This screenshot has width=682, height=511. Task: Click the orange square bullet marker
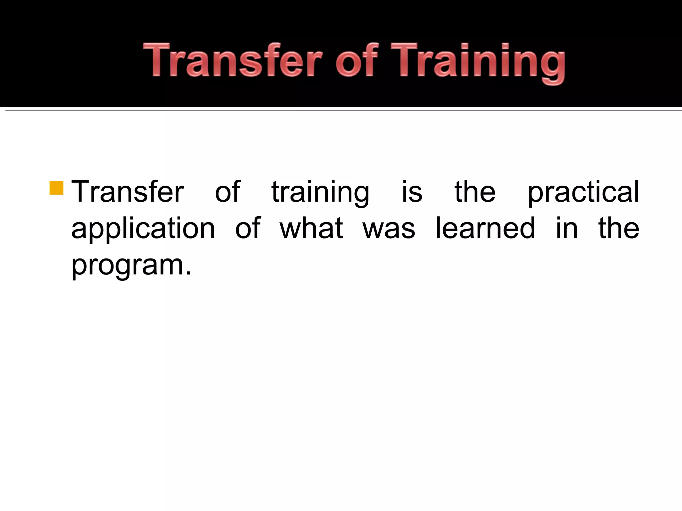pyautogui.click(x=56, y=188)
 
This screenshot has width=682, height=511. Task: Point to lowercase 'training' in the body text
pyautogui.click(x=320, y=193)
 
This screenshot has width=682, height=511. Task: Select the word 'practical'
pyautogui.click(x=583, y=193)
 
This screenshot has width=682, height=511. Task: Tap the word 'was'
pyautogui.click(x=389, y=230)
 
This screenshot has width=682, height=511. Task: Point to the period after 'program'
pyautogui.click(x=188, y=273)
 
